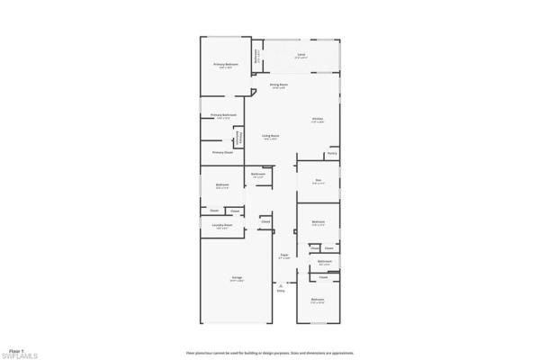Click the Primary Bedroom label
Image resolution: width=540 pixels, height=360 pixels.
pos(225,66)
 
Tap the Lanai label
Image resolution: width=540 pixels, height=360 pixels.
pos(301,56)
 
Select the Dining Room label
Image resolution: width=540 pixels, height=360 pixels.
pos(278,85)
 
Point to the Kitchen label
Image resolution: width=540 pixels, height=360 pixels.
pos(318,119)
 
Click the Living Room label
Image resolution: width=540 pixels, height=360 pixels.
pos(270,136)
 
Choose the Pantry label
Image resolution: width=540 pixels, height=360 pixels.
pos(332,154)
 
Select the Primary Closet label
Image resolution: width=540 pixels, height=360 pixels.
pos(221,153)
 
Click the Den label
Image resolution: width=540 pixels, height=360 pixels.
pos(318,180)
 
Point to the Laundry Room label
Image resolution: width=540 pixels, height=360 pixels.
pos(222,225)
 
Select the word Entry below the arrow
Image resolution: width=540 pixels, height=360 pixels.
pos(281,292)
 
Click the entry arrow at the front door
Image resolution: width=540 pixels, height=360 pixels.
pos(281,284)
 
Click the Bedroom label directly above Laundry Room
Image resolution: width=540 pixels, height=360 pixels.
pos(222,185)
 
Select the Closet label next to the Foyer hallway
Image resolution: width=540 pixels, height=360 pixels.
pos(266,221)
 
